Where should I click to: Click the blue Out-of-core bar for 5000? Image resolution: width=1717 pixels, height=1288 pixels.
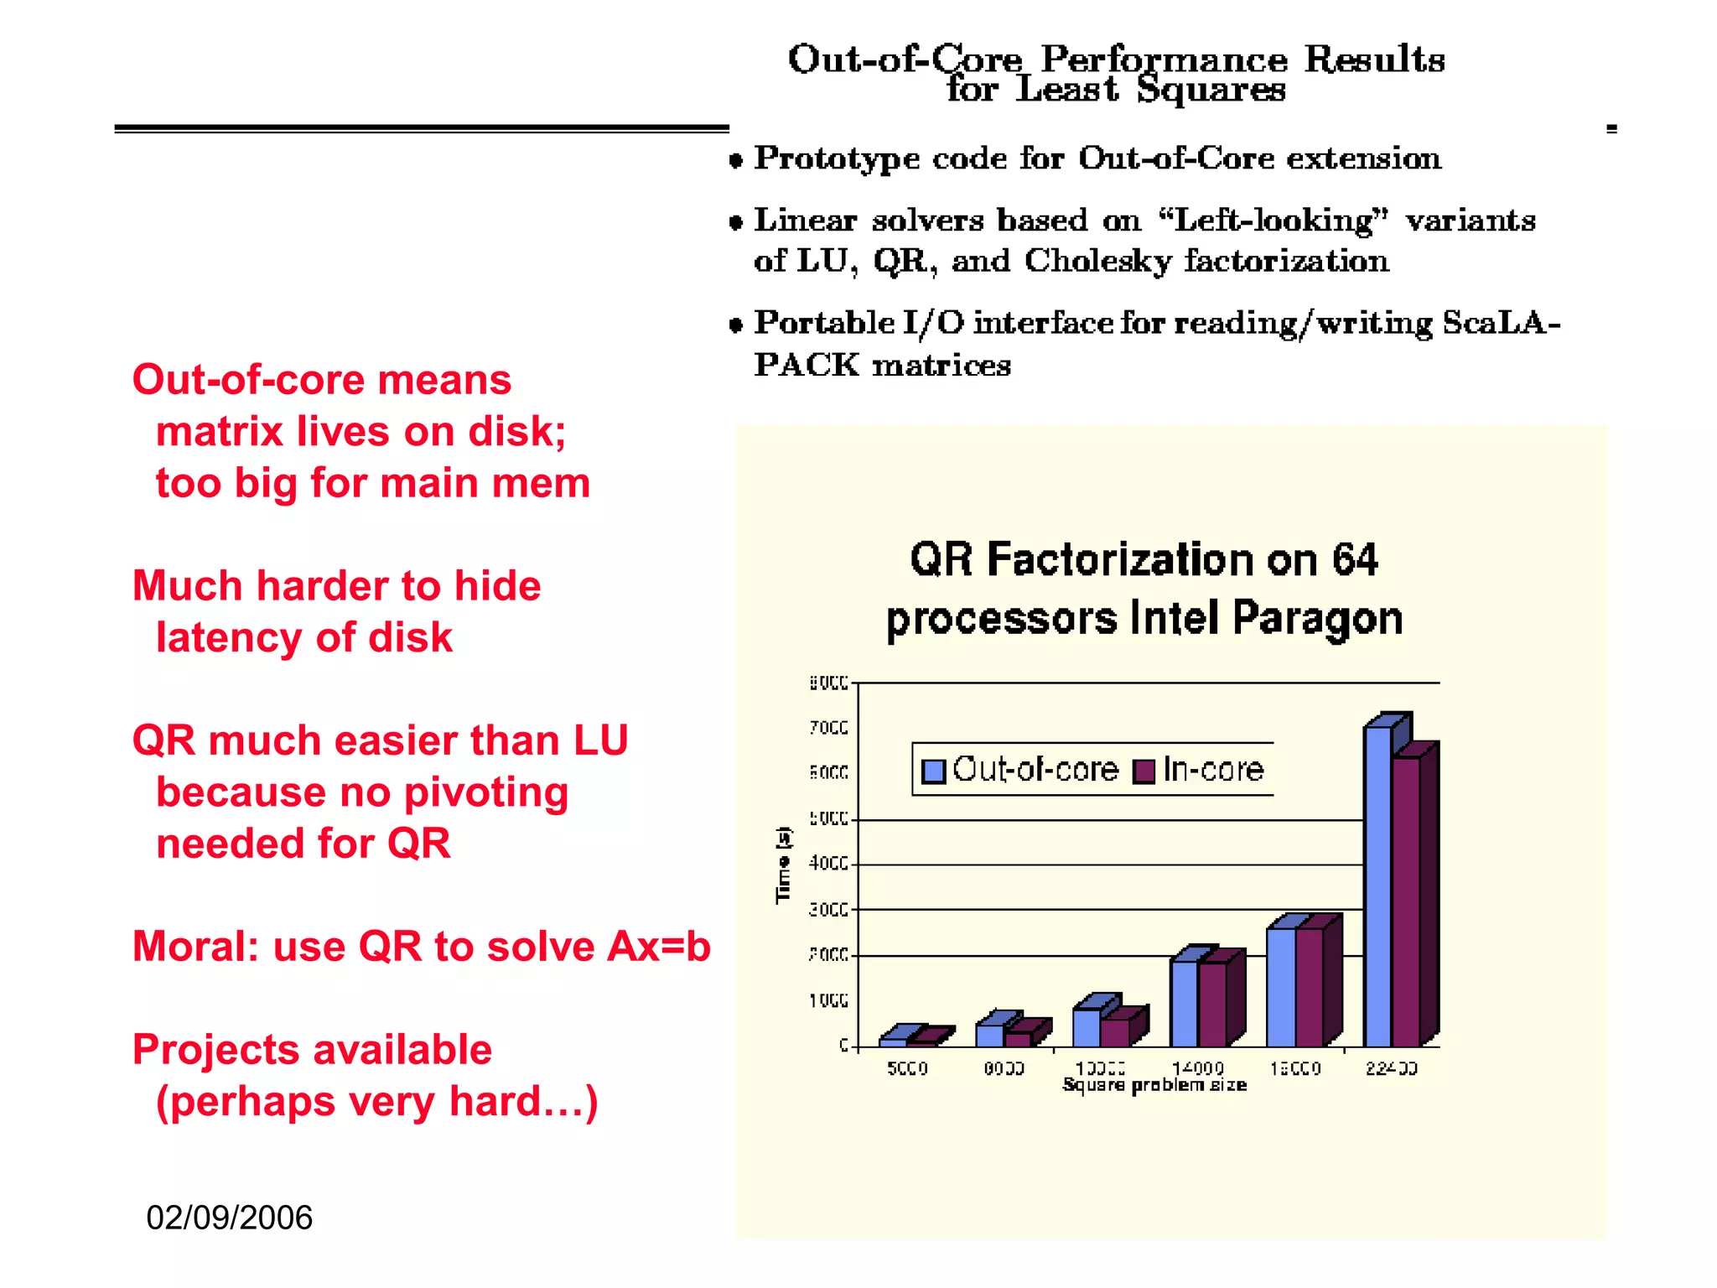click(893, 1041)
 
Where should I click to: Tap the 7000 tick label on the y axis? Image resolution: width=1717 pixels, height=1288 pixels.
click(828, 728)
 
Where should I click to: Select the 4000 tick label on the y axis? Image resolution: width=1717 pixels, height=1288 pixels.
click(828, 864)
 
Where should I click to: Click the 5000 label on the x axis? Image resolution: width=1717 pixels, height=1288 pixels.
click(907, 1068)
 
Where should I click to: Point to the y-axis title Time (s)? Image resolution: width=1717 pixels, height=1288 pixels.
click(783, 865)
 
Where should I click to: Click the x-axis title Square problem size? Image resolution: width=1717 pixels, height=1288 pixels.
click(1154, 1085)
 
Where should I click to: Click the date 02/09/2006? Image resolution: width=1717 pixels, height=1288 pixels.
click(229, 1218)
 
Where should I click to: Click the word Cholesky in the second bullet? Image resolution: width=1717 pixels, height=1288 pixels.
click(1097, 262)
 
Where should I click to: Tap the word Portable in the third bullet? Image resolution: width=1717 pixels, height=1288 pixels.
click(824, 323)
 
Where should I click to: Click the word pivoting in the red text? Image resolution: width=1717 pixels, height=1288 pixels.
click(485, 793)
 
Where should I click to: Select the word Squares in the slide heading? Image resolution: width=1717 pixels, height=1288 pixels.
click(1211, 89)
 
